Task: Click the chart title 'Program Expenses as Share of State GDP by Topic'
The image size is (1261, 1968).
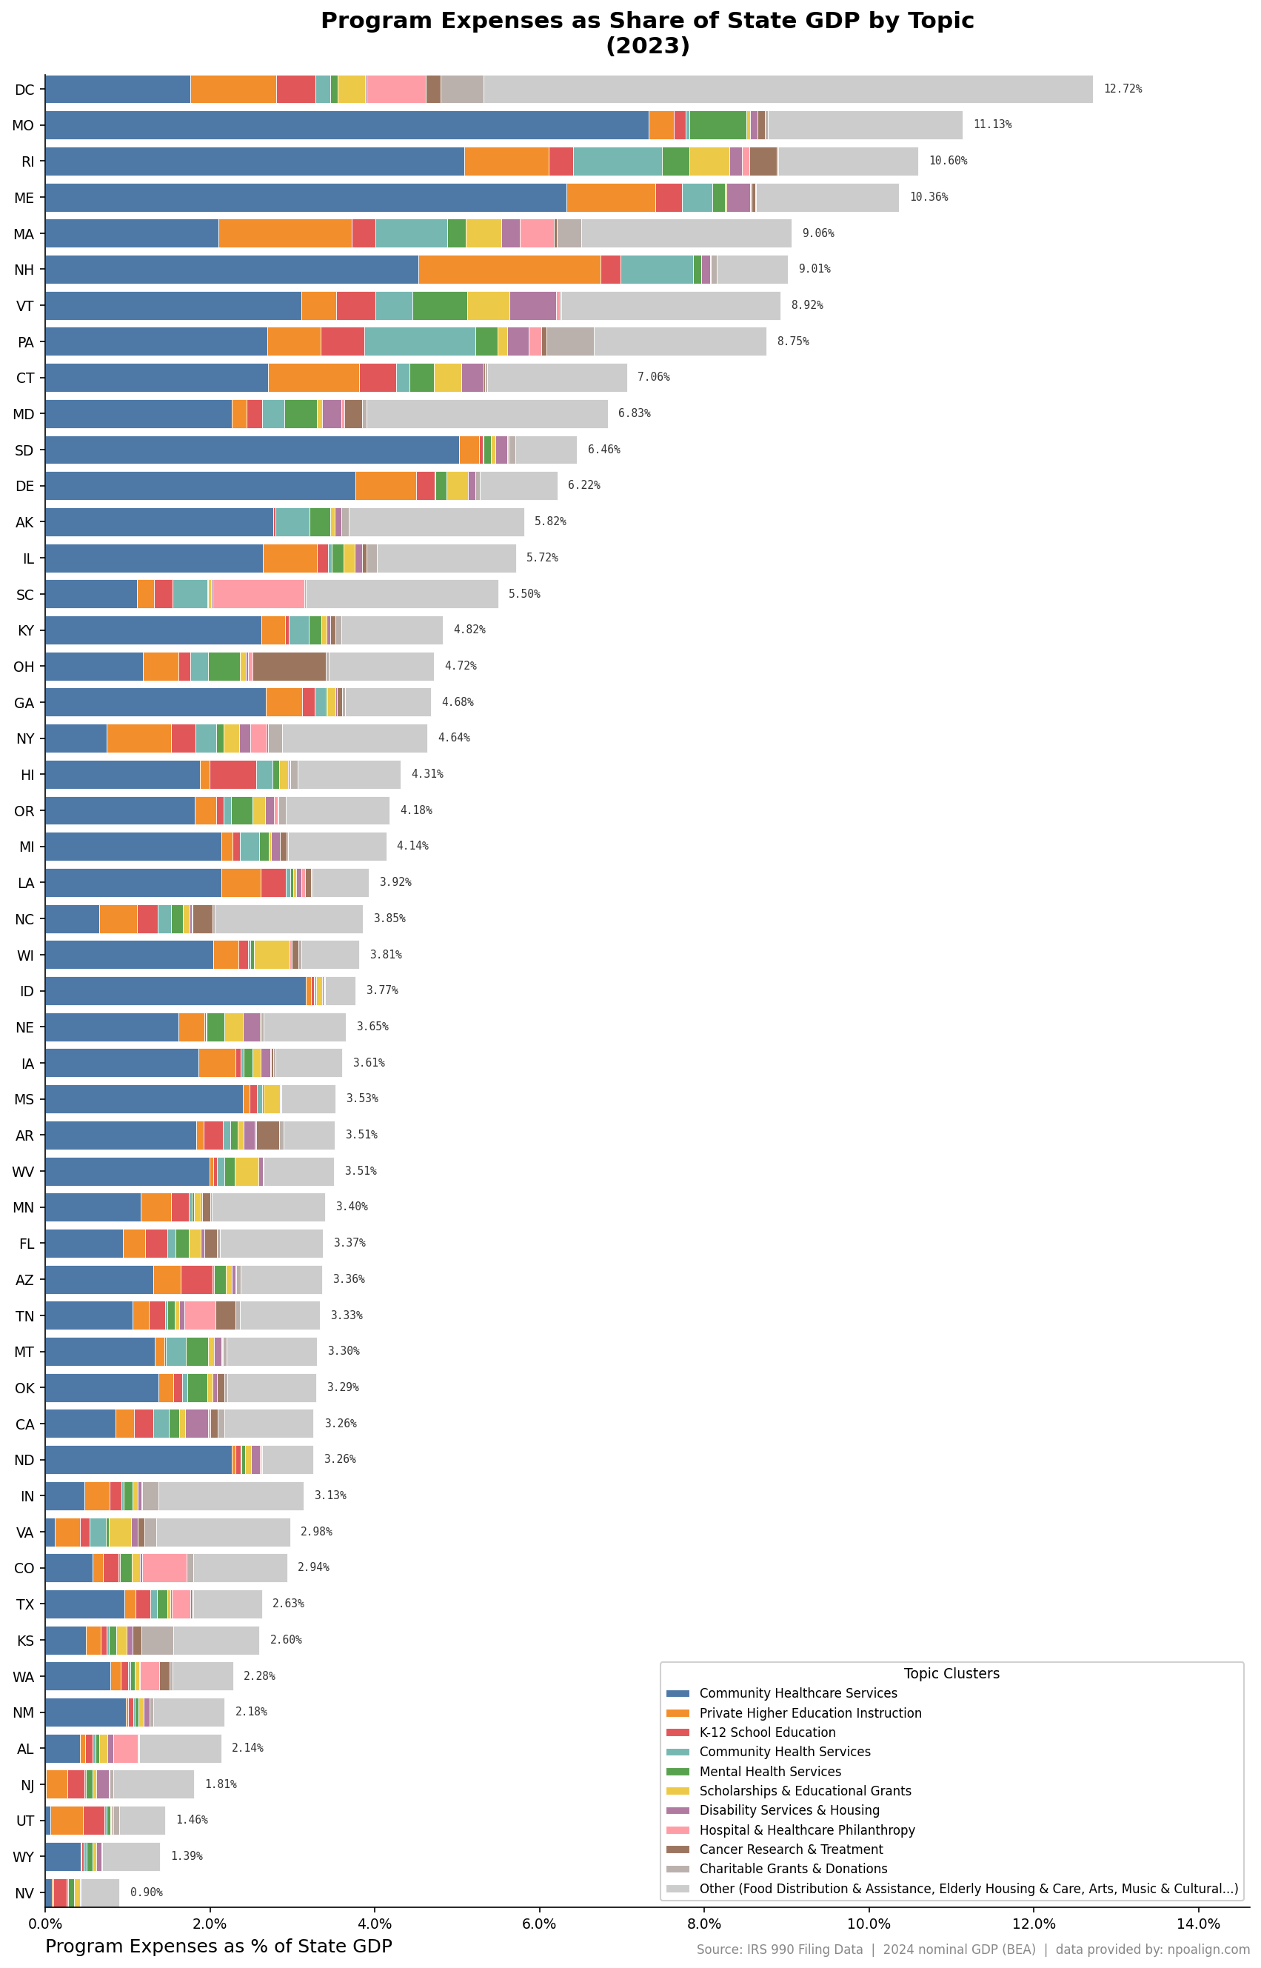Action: [x=647, y=21]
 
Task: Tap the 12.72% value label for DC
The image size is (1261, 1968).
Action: [x=1122, y=90]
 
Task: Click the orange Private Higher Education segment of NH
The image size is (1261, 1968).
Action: [x=509, y=270]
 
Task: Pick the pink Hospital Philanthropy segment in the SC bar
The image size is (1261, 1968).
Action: [x=258, y=595]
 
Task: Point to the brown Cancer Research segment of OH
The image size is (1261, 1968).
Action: [x=289, y=667]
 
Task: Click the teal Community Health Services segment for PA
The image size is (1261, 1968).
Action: [x=420, y=341]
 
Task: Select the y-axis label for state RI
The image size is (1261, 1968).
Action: [x=27, y=162]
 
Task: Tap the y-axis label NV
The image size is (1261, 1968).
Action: [x=24, y=1892]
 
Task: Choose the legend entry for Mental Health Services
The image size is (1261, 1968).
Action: [x=769, y=1772]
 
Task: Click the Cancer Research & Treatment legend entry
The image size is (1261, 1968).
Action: [x=790, y=1849]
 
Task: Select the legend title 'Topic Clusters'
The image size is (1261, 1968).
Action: [x=951, y=1674]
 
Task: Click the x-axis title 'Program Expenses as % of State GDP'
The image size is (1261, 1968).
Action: [x=218, y=1946]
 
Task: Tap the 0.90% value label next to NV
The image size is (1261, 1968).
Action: [x=146, y=1892]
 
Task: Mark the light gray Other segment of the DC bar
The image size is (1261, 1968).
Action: [x=788, y=90]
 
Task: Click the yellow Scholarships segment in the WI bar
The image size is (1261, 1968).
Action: [x=272, y=955]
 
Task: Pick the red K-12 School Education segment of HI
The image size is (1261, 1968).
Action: [x=233, y=775]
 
